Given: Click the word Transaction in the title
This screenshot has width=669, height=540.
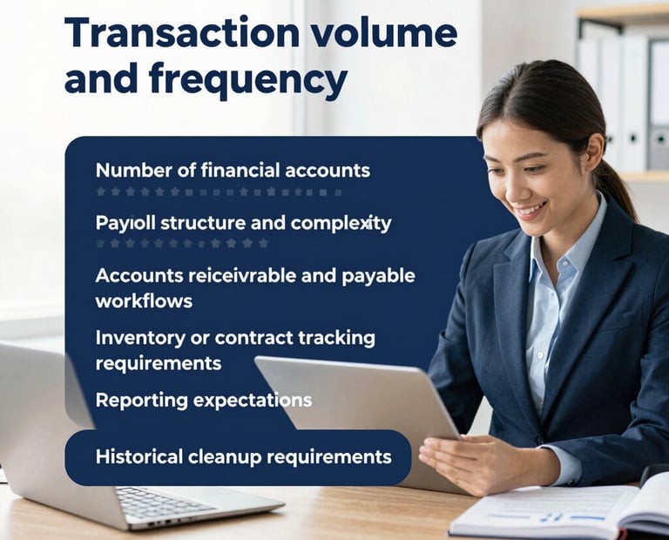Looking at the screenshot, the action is click(x=182, y=33).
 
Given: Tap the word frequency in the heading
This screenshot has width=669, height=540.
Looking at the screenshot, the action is click(x=248, y=80).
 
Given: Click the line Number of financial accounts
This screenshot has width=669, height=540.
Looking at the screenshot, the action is click(x=233, y=171).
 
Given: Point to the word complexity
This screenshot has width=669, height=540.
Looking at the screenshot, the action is click(x=341, y=224).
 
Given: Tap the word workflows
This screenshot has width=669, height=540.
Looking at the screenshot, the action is click(x=145, y=301).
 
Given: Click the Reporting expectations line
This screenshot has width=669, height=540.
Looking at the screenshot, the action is click(x=204, y=401).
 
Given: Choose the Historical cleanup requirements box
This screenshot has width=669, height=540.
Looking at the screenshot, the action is click(x=238, y=457).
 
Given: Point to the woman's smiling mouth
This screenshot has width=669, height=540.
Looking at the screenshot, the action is click(x=530, y=210).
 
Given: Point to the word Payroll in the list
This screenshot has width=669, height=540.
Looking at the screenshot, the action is click(x=125, y=224).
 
